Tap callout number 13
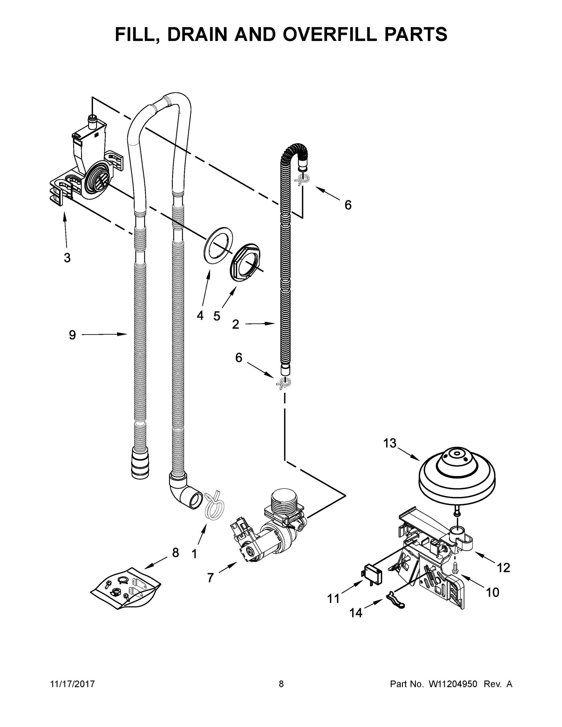click(390, 443)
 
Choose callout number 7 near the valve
click(210, 578)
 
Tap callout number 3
click(67, 257)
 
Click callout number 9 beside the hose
click(72, 335)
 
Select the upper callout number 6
click(348, 205)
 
